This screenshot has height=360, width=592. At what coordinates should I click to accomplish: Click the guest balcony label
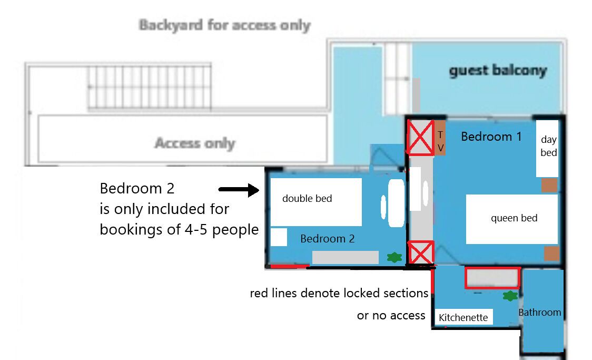498,71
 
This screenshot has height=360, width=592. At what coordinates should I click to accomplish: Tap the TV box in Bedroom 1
440,138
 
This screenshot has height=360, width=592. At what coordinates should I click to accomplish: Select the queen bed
511,219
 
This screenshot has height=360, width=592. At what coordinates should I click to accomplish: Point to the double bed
315,202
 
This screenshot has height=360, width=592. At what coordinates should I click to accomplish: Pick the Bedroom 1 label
491,137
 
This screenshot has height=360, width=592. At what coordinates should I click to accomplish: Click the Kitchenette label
463,317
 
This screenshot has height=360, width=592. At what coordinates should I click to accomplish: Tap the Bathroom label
540,312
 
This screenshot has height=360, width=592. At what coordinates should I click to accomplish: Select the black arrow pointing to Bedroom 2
239,190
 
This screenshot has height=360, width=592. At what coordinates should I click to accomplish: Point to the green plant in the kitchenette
509,296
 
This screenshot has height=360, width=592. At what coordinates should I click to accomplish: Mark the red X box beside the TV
420,138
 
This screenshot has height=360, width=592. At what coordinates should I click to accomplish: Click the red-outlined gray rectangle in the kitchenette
492,278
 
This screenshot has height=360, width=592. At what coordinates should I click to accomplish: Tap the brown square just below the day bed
549,185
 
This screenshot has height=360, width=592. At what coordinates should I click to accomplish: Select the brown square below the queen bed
551,254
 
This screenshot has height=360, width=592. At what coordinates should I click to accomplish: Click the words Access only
194,143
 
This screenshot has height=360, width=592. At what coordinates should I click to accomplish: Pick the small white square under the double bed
279,237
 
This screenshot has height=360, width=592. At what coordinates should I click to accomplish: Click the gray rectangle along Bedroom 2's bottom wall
345,257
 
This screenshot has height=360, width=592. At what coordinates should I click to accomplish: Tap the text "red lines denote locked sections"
339,293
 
